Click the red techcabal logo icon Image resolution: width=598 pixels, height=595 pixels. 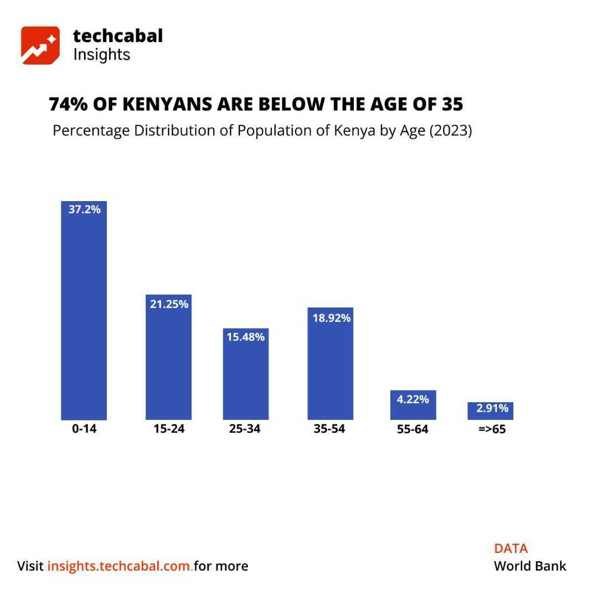(40, 45)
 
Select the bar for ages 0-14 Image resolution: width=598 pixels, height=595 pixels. (84, 316)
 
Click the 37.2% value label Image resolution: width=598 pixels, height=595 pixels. (85, 209)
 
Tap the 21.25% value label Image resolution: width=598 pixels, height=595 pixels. (169, 304)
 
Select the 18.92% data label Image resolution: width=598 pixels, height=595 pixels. (332, 318)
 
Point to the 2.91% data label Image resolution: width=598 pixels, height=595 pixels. (492, 408)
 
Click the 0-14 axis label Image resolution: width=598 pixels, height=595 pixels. (84, 429)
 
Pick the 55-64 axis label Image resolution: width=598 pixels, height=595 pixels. (413, 429)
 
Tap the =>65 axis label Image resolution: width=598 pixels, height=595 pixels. (492, 429)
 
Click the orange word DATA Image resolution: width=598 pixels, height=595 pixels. (511, 548)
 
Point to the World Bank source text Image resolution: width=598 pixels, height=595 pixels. (530, 566)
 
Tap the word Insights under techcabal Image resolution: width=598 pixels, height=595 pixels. (101, 55)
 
